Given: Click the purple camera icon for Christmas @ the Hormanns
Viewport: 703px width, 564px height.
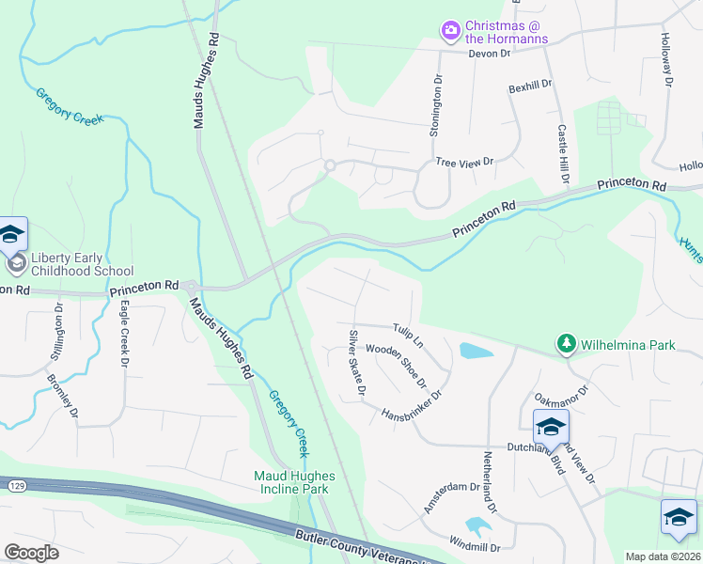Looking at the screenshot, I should point(451,31).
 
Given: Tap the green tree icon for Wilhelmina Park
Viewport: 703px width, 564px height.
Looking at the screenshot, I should point(566,345).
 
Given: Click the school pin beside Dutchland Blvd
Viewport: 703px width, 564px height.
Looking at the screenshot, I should point(551,429).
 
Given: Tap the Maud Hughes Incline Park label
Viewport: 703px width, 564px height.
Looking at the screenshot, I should point(291,482).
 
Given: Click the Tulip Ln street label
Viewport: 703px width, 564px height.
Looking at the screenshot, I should point(409,332).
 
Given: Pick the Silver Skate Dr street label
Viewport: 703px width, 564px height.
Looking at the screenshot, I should point(356,362).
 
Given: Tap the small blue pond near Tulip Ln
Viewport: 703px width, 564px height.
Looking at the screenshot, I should point(476,352).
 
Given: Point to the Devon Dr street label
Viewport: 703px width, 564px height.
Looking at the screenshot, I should point(490,54).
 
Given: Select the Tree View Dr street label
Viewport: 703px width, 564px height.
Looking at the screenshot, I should point(464,163).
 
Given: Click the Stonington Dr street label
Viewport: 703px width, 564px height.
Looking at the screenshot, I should point(436,106).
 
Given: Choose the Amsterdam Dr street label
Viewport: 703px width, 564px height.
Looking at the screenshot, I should point(451,498).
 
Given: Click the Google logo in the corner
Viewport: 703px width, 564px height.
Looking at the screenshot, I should point(31,553).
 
